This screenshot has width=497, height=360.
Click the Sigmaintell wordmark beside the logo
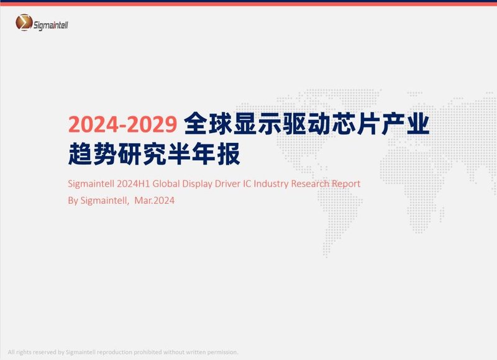tap(55, 24)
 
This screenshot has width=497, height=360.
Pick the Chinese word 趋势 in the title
tap(91, 154)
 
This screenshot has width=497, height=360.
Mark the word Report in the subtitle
tap(346, 184)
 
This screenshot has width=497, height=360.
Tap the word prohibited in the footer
tap(153, 352)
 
